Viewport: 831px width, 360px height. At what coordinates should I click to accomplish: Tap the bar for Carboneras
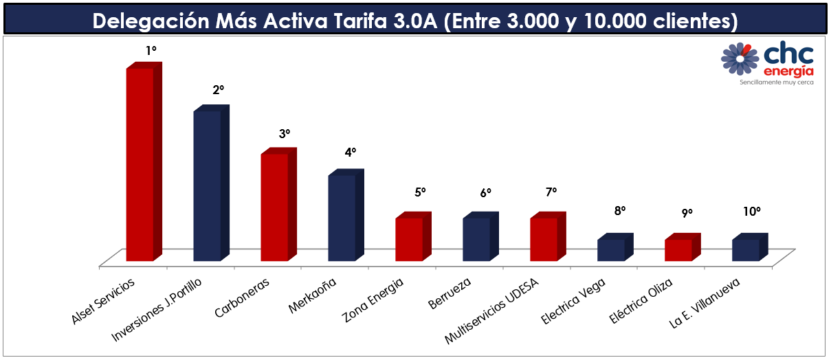click(x=274, y=207)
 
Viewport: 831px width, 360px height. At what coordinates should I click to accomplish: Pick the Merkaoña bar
click(x=342, y=218)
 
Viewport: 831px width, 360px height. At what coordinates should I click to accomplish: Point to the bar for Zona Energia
click(x=409, y=239)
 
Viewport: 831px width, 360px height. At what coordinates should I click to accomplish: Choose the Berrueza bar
click(x=476, y=239)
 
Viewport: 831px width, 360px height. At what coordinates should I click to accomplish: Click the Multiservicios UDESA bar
click(x=544, y=239)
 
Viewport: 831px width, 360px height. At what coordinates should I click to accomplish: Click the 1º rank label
click(x=151, y=51)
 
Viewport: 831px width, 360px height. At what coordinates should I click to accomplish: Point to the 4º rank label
click(x=351, y=153)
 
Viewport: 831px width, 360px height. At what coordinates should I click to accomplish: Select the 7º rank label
click(x=551, y=192)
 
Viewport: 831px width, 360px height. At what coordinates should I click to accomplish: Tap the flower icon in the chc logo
click(x=740, y=58)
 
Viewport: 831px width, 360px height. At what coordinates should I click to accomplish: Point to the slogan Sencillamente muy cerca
click(x=776, y=82)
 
